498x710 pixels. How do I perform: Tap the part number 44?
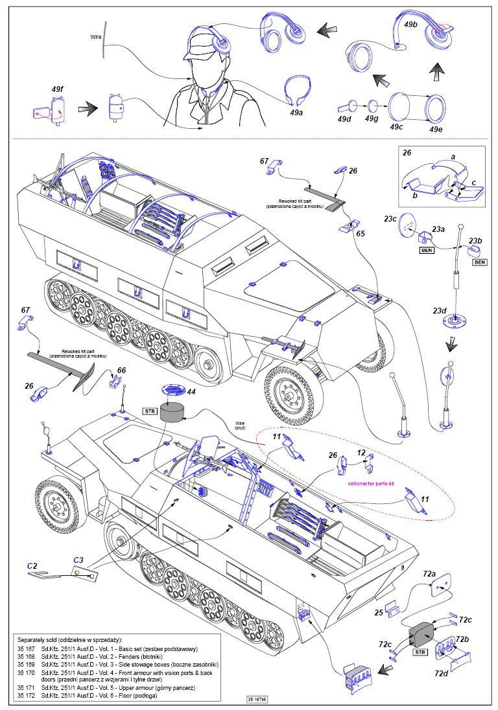(x=191, y=391)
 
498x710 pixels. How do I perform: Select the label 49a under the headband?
(x=296, y=112)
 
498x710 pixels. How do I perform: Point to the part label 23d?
(x=440, y=311)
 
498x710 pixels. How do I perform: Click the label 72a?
(x=429, y=574)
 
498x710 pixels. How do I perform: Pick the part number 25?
(x=379, y=612)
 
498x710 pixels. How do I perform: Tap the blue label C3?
(x=78, y=560)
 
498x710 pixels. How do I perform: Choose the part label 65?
(x=361, y=233)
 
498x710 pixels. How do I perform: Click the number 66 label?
(x=121, y=371)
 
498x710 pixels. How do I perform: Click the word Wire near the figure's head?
(x=96, y=37)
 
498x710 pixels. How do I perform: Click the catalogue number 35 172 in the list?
(x=29, y=695)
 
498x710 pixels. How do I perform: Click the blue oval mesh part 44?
(x=172, y=391)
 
